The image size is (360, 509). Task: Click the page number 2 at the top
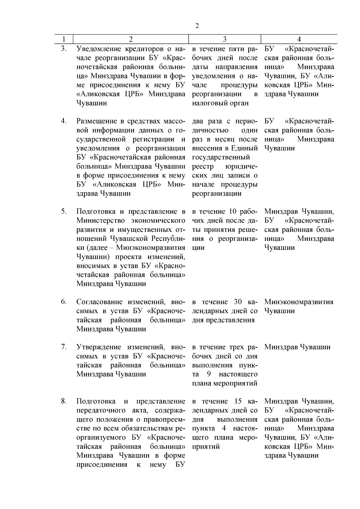[197, 26]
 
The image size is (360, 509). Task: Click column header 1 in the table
[64, 39]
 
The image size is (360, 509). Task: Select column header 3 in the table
[225, 39]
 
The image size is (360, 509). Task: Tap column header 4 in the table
[299, 39]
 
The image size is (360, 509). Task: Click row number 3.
[64, 49]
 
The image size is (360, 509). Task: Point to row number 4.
[64, 121]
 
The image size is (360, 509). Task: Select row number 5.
[64, 211]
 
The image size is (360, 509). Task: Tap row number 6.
[64, 302]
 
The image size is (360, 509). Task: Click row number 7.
[64, 347]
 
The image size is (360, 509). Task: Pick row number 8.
[64, 401]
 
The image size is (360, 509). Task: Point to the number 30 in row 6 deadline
[233, 302]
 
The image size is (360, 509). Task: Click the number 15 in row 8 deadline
[233, 401]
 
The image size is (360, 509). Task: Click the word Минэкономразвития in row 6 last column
[299, 302]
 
